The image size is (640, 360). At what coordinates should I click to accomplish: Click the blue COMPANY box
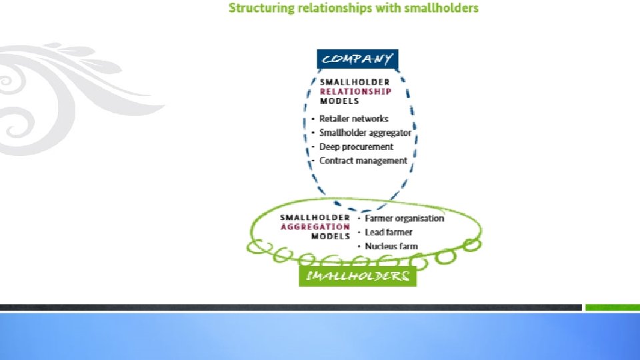click(357, 59)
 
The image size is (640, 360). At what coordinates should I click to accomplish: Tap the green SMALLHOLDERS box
click(357, 276)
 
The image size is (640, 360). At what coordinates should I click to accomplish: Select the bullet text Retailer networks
click(353, 119)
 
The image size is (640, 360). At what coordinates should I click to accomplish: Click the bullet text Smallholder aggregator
click(365, 133)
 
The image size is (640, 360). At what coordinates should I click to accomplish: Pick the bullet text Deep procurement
click(356, 147)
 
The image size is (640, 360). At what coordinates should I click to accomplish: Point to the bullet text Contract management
click(363, 161)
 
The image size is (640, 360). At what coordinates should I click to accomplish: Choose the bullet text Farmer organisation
click(404, 218)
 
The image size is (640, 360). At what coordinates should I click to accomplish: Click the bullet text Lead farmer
click(389, 232)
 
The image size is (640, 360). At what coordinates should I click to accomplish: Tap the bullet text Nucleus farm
click(391, 246)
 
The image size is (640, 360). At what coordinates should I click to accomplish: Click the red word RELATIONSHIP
click(355, 91)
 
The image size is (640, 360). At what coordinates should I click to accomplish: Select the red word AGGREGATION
click(315, 227)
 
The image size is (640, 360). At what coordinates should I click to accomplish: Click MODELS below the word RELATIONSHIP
click(339, 101)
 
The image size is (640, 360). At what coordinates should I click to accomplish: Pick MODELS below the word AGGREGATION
click(331, 236)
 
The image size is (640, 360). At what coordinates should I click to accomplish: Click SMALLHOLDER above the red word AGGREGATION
click(315, 217)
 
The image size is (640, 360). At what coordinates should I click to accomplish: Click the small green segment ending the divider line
click(611, 307)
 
